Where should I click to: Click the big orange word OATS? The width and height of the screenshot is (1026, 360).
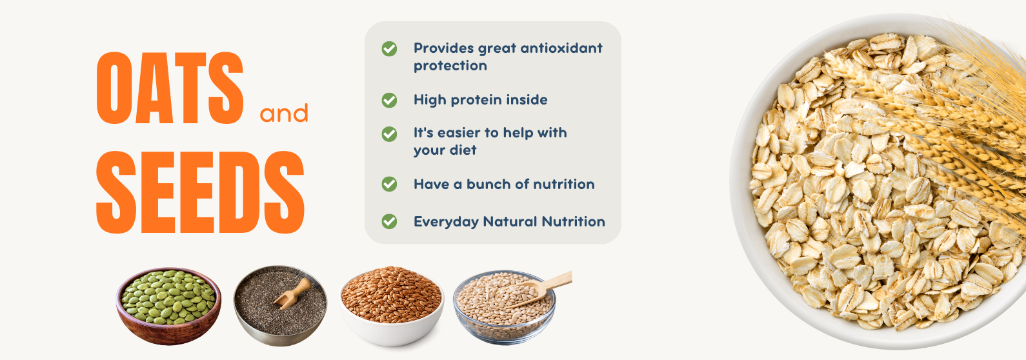click(x=170, y=88)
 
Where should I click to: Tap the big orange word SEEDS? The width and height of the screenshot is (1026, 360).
click(x=201, y=192)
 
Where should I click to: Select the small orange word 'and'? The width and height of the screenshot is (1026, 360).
click(x=284, y=113)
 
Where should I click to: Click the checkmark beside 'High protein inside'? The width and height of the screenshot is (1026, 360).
click(x=389, y=100)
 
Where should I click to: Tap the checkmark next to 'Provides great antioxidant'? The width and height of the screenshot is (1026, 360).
click(x=389, y=48)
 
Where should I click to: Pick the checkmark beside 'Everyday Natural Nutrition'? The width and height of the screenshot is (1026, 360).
click(x=389, y=222)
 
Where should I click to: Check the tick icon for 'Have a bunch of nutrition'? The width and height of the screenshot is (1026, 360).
click(x=389, y=184)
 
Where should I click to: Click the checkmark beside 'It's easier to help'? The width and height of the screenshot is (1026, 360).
click(x=389, y=134)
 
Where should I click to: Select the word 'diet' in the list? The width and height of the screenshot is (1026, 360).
click(x=465, y=150)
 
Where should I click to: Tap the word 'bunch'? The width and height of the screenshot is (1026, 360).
click(x=488, y=184)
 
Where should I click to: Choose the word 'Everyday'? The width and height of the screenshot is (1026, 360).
click(x=446, y=222)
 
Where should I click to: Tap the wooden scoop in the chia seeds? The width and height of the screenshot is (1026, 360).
click(x=293, y=293)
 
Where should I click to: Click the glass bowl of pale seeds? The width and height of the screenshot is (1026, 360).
click(x=505, y=307)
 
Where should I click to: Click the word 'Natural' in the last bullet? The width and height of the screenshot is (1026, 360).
click(x=510, y=222)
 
